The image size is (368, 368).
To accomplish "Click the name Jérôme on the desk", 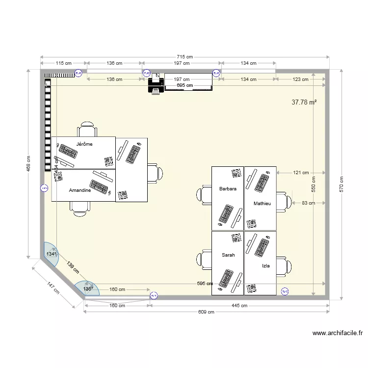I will click(x=84, y=144).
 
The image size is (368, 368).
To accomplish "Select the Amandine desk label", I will click(x=79, y=190).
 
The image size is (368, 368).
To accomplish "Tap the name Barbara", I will click(x=228, y=188).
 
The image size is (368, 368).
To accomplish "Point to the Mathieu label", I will click(x=262, y=203).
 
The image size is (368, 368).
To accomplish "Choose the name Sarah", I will click(x=228, y=255).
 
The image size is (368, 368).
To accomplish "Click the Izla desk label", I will click(x=265, y=266).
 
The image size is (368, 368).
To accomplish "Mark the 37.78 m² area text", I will click(x=304, y=103).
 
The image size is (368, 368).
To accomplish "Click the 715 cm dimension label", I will click(x=184, y=57).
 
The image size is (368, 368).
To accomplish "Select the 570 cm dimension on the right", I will click(x=342, y=184).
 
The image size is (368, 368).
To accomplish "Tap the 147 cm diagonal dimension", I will click(x=53, y=288).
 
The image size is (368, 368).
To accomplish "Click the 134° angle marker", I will click(x=51, y=254).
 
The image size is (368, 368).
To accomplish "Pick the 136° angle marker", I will click(x=87, y=289).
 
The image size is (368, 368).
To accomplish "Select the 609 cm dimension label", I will click(x=207, y=312).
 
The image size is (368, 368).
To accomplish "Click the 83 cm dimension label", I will click(x=308, y=203).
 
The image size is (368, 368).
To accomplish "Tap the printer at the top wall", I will click(x=156, y=84).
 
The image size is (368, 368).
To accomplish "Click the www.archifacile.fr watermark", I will click(x=338, y=333).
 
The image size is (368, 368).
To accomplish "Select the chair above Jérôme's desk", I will click(x=87, y=130).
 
